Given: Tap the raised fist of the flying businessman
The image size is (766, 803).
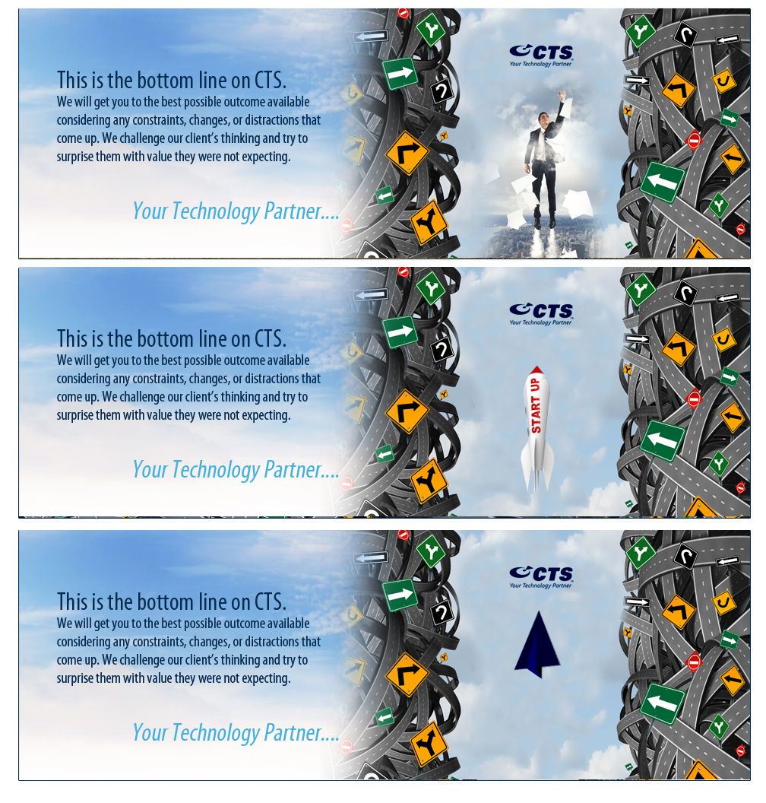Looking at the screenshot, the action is click(x=562, y=95).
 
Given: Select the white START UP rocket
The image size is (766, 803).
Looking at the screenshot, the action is click(x=537, y=428).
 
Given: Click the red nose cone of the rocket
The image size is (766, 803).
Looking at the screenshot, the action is click(x=537, y=370).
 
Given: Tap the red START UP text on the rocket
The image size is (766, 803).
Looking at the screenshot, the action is click(x=536, y=406).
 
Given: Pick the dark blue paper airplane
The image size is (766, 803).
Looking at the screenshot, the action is click(x=537, y=644).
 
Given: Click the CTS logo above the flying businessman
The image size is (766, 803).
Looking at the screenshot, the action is click(x=541, y=56).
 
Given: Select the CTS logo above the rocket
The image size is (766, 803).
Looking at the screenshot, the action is click(x=541, y=314).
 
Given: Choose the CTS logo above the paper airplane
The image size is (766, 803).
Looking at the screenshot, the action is click(x=541, y=577).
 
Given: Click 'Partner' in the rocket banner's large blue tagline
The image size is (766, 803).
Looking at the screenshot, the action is click(x=293, y=470).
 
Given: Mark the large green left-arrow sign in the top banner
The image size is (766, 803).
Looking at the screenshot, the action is click(x=663, y=181).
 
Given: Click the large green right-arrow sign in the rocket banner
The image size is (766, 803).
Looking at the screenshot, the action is click(x=400, y=331).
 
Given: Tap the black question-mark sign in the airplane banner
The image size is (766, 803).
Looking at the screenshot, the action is click(x=442, y=612).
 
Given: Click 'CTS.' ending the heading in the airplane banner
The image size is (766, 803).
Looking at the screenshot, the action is click(x=271, y=602).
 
